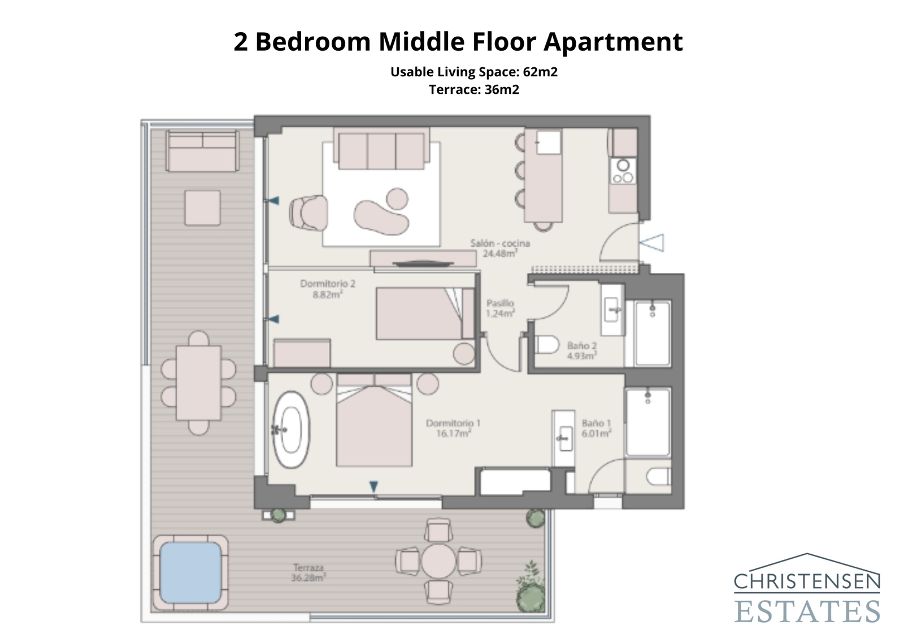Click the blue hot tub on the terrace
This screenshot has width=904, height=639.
tap(190, 572)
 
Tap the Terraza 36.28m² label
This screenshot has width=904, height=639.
tap(308, 572)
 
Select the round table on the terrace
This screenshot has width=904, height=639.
tap(438, 560)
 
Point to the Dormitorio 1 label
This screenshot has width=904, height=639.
tap(453, 428)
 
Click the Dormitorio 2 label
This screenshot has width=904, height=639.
tap(328, 289)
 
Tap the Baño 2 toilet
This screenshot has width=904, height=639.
tap(546, 345)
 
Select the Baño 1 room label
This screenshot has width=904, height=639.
tap(596, 428)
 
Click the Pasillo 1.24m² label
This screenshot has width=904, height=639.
tap(500, 308)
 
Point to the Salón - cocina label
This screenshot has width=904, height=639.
tap(500, 248)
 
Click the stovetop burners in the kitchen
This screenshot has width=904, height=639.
tap(623, 171)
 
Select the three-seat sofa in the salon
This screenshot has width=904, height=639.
tap(381, 149)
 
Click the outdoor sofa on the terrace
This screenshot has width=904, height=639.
tap(202, 151)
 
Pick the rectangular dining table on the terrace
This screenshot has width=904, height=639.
tap(198, 383)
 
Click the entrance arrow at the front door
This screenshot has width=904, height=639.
tap(652, 243)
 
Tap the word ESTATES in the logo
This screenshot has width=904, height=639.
tap(807, 611)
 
